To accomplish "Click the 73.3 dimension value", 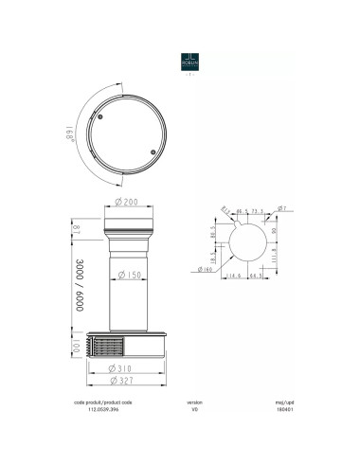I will (257, 212).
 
